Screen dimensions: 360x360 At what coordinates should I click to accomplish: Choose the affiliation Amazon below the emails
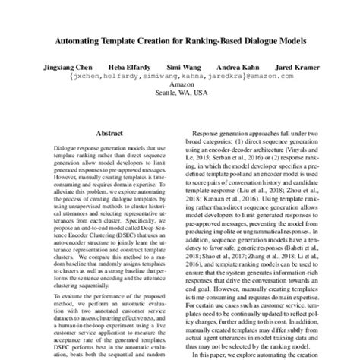coord(180,87)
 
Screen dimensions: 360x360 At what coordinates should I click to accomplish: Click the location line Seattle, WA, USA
coord(180,96)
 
